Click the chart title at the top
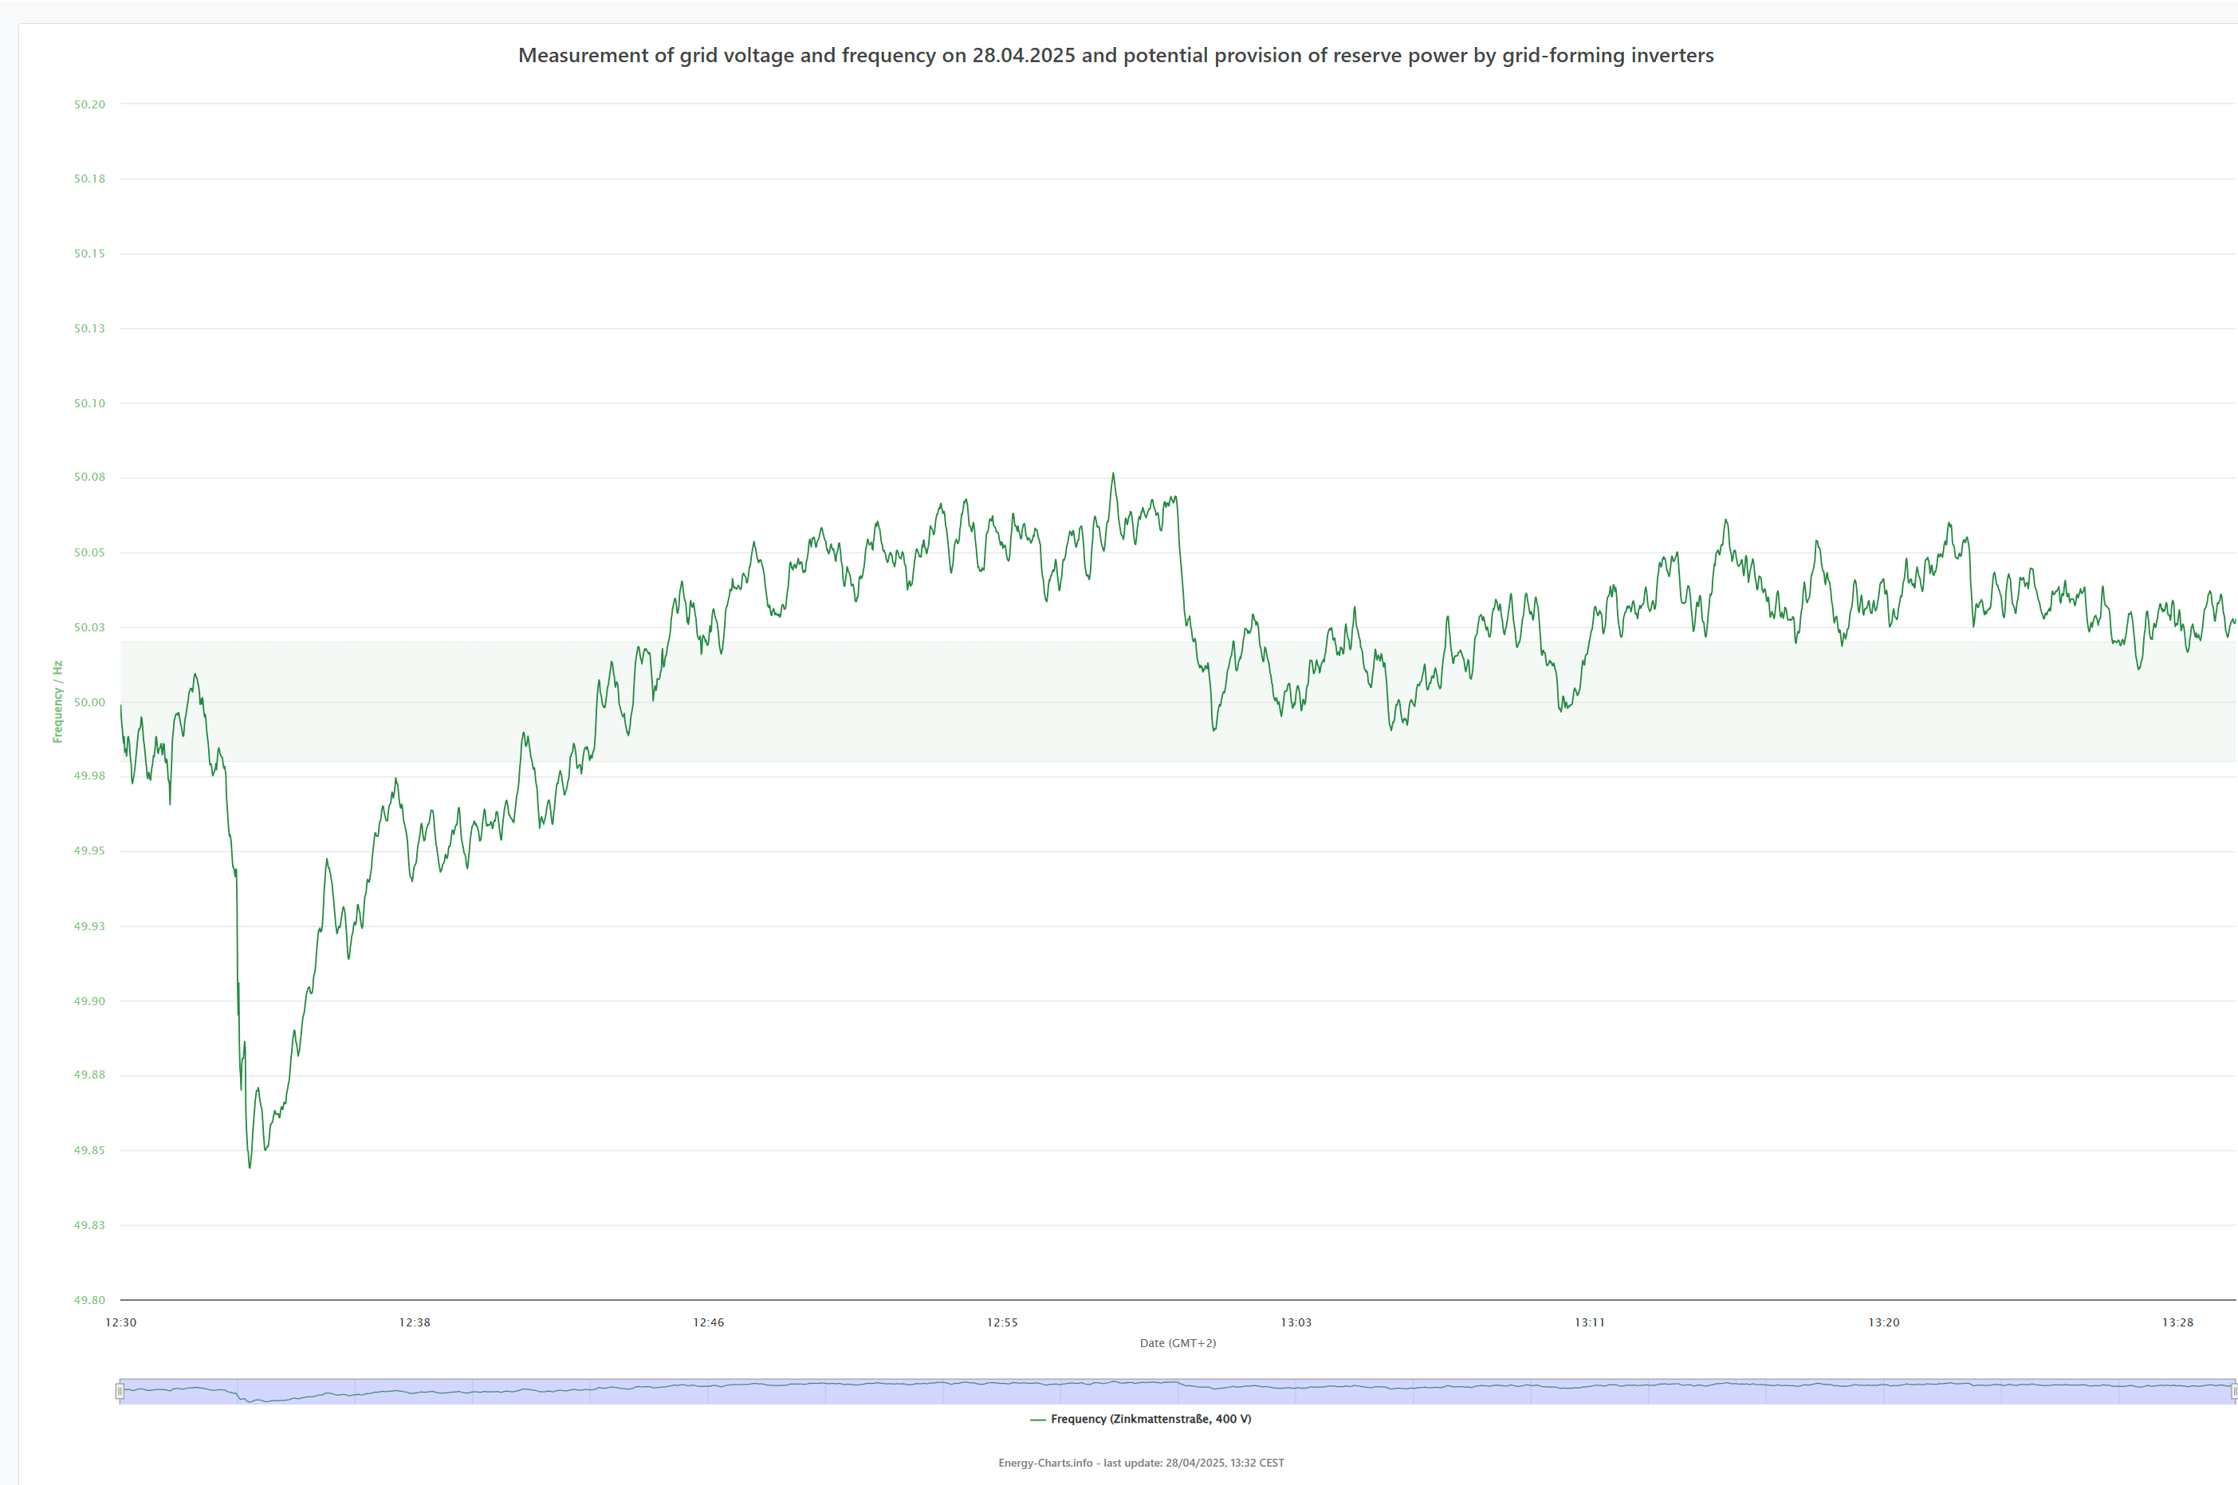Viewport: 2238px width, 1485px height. [1115, 56]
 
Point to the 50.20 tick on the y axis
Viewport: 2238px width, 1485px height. [90, 104]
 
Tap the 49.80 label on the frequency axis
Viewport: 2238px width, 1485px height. [90, 1300]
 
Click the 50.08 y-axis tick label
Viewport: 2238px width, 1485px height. [90, 477]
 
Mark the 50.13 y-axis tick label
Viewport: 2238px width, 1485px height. [90, 328]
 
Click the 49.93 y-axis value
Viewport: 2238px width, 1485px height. [90, 926]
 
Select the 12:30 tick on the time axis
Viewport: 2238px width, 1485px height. [121, 1323]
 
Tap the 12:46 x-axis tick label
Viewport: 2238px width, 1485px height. [709, 1323]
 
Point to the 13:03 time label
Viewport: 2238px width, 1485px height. [1296, 1323]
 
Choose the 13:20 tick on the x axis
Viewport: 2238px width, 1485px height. [1884, 1323]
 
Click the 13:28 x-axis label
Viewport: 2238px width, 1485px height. [2177, 1323]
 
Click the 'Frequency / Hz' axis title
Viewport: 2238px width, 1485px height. [57, 701]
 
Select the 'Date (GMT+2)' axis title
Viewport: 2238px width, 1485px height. [1178, 1344]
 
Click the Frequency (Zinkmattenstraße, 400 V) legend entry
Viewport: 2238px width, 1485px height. [1140, 1420]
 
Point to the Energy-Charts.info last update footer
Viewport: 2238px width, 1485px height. [1141, 1463]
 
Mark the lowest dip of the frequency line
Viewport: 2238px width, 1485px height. [250, 1167]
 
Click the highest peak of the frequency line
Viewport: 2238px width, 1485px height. [1113, 473]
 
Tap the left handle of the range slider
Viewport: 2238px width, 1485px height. [120, 1391]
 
